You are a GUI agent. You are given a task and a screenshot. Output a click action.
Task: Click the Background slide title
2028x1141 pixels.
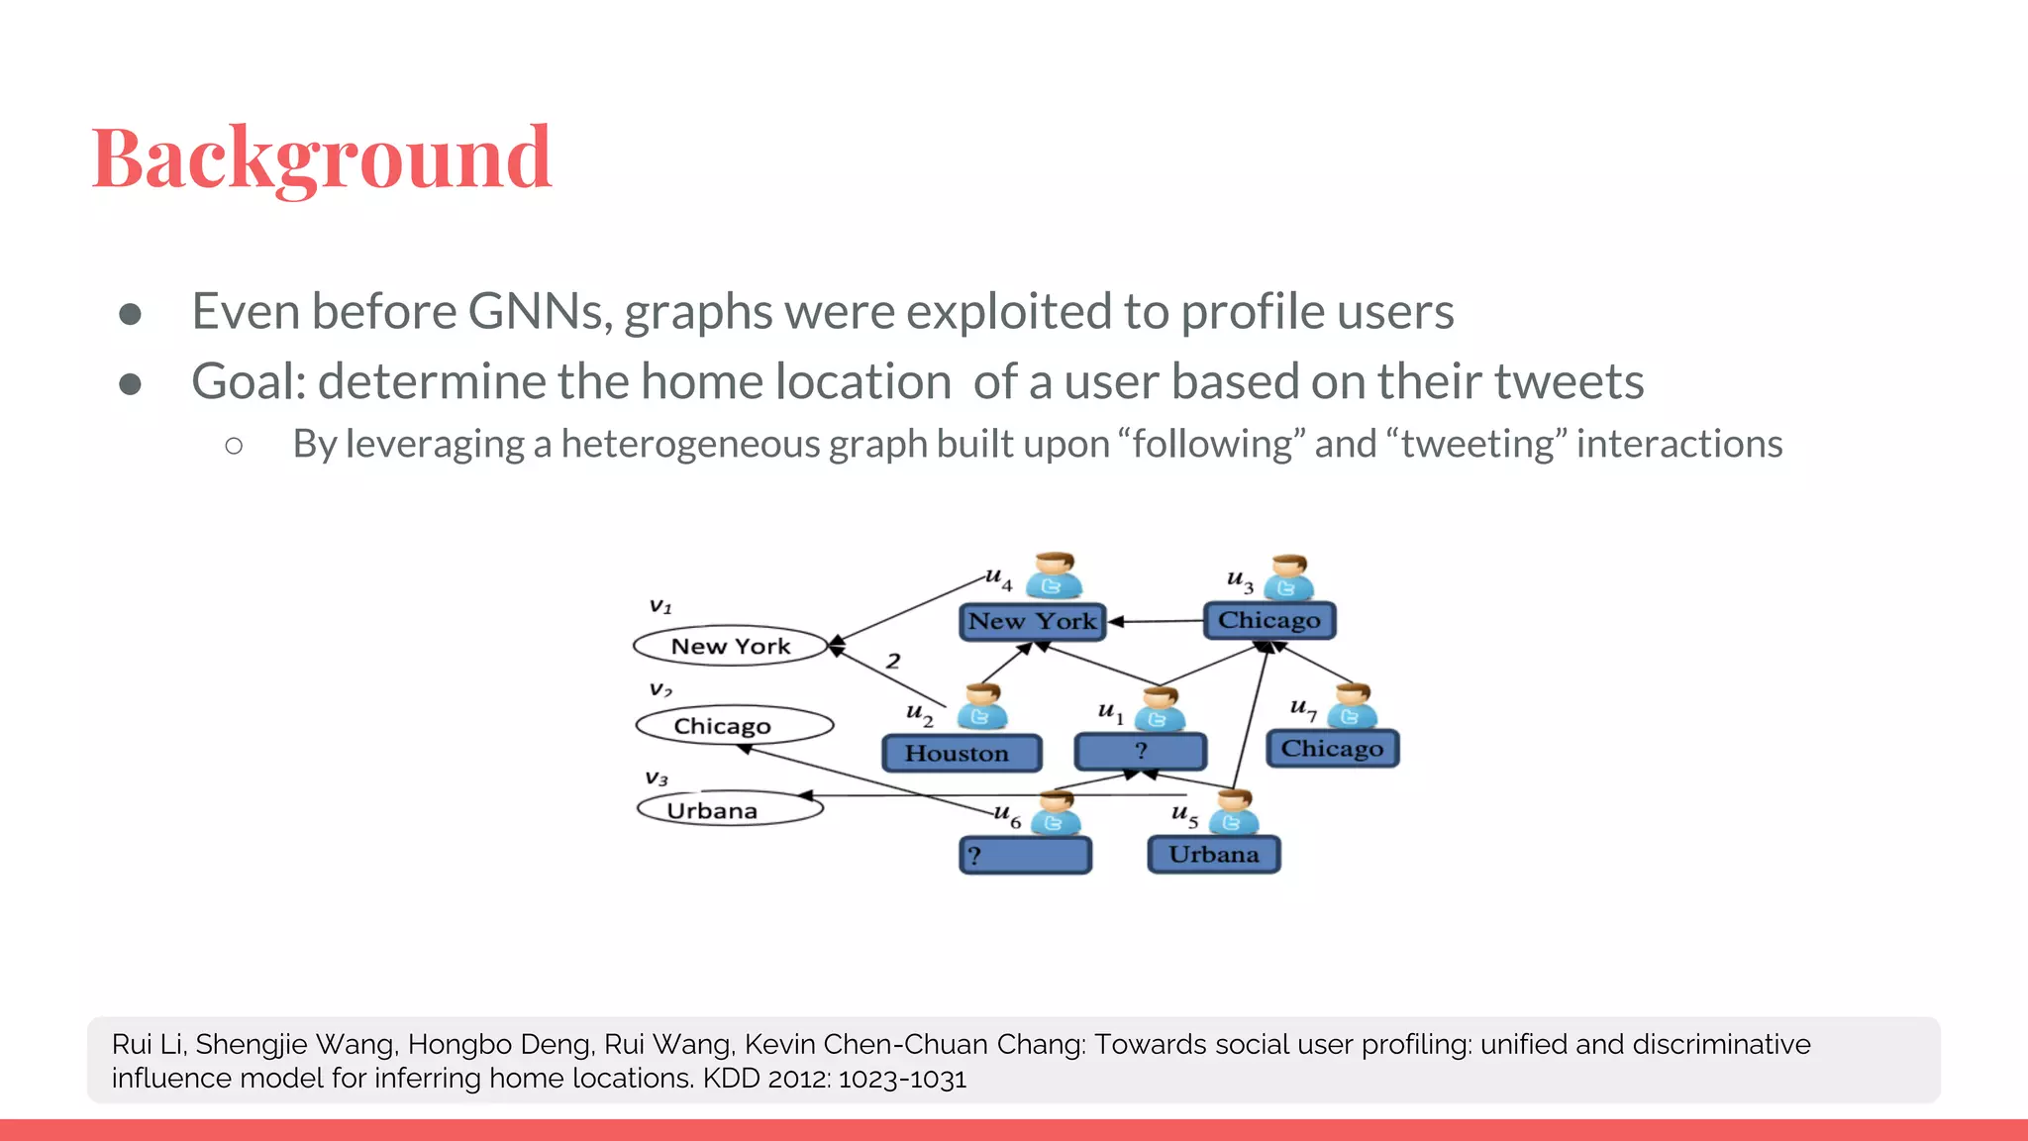322,158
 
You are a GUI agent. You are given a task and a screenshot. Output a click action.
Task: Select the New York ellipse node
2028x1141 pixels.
731,647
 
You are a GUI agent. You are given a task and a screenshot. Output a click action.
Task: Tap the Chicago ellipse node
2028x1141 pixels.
734,726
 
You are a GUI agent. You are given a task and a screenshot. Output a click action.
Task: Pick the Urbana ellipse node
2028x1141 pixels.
730,810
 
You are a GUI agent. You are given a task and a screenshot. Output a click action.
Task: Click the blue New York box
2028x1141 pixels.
1032,622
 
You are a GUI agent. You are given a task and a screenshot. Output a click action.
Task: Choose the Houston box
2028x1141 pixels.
961,754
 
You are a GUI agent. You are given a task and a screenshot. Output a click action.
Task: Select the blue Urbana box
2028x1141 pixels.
1213,855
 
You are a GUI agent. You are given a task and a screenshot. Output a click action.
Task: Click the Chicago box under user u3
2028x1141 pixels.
1269,621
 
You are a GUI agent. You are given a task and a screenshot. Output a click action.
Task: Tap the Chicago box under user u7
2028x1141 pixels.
1332,749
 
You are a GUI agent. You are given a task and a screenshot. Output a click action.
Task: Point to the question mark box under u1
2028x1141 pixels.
1140,752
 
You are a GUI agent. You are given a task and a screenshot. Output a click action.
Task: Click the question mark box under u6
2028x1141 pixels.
1025,855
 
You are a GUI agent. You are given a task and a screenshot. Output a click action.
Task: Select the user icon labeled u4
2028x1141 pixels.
1053,576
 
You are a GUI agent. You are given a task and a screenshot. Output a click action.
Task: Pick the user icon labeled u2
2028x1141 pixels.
981,708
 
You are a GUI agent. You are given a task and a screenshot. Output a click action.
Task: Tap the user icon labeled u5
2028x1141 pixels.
1234,813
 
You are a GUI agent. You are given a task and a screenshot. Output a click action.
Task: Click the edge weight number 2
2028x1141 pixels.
893,661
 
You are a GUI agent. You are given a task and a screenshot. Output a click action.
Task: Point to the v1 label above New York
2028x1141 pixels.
660,606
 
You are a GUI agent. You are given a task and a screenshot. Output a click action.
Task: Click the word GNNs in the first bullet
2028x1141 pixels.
534,312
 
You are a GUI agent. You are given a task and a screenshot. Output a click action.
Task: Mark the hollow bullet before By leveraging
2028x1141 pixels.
234,446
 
